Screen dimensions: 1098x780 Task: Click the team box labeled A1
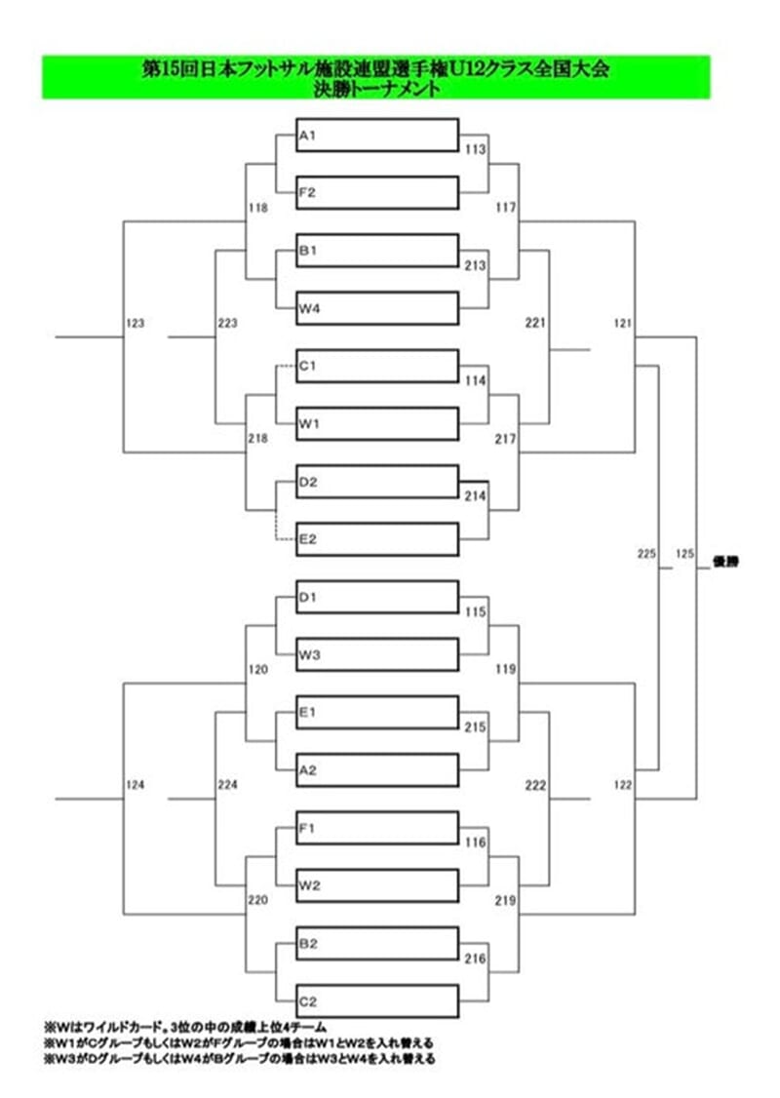pyautogui.click(x=376, y=136)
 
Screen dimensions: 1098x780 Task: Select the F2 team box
pyautogui.click(x=376, y=193)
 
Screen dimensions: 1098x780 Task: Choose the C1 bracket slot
pyautogui.click(x=376, y=367)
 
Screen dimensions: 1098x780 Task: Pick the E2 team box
pyautogui.click(x=376, y=539)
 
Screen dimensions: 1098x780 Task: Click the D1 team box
pyautogui.click(x=376, y=598)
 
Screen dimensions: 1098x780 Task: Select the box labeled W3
pyautogui.click(x=376, y=655)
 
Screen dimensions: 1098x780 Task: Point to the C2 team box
pyautogui.click(x=376, y=1001)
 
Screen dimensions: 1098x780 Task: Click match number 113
pyautogui.click(x=476, y=150)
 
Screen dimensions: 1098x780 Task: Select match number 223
pyautogui.click(x=227, y=322)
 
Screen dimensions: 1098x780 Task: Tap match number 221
pyautogui.click(x=534, y=322)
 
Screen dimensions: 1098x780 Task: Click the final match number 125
pyautogui.click(x=683, y=554)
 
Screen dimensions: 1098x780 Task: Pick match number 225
pyautogui.click(x=646, y=554)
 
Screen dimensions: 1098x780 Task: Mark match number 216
pyautogui.click(x=476, y=960)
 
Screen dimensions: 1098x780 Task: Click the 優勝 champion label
pyautogui.click(x=726, y=562)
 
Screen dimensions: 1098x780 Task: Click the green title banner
pyautogui.click(x=375, y=77)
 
